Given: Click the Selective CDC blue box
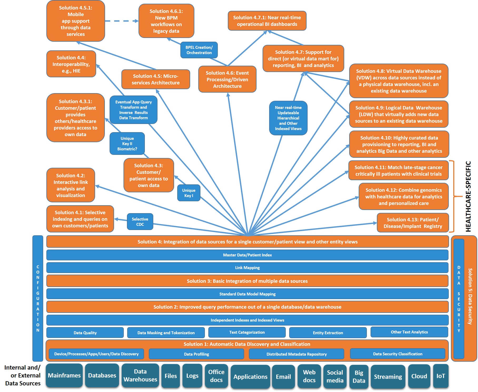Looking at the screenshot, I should click(140, 222).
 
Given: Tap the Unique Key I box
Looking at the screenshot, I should click(189, 193).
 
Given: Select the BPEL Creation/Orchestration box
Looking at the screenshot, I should click(199, 50).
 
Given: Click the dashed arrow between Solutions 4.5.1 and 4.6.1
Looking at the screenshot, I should click(121, 21).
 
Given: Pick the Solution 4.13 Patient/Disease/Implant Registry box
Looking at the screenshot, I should click(412, 223).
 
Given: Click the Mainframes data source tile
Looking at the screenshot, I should click(64, 375).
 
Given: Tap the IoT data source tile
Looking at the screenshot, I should click(440, 376).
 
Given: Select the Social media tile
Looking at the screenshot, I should click(335, 376).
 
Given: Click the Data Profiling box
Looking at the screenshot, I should click(196, 354).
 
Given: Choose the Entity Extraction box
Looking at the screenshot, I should click(328, 333).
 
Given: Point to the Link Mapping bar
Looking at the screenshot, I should click(247, 267).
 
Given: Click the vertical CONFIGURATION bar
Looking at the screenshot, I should click(38, 298).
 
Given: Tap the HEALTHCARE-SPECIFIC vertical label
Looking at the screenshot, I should click(468, 197).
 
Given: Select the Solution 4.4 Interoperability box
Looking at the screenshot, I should click(71, 64).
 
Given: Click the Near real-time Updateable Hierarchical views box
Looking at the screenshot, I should click(288, 118).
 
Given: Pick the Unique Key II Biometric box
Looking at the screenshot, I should click(127, 144).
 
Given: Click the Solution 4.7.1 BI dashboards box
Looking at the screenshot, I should click(267, 21).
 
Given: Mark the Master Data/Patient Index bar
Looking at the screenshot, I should click(247, 255).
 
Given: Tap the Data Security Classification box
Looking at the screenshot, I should click(397, 354).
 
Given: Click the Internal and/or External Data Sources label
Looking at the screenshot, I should click(23, 375).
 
